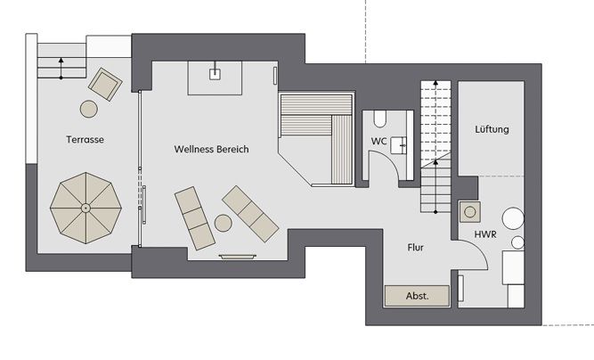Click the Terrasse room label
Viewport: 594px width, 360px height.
85,139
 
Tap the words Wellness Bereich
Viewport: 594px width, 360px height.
211,149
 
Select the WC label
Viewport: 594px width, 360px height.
378,141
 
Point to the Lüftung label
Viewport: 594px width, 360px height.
492,129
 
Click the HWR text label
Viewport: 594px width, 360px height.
485,234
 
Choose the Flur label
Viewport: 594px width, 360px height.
416,248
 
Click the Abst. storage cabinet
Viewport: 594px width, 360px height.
417,296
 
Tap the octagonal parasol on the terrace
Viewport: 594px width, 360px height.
85,208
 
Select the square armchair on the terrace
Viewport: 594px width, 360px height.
105,84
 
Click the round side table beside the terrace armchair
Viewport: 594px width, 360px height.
89,109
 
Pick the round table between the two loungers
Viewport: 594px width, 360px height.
224,223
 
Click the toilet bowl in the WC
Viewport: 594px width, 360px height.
379,119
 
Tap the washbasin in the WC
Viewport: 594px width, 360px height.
399,145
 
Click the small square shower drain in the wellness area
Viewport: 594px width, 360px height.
215,74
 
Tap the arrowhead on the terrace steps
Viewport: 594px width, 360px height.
61,60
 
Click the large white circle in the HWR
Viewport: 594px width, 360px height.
513,218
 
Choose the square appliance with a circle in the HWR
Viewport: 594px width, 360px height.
470,212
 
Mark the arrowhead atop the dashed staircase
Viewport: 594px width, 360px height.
435,82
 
